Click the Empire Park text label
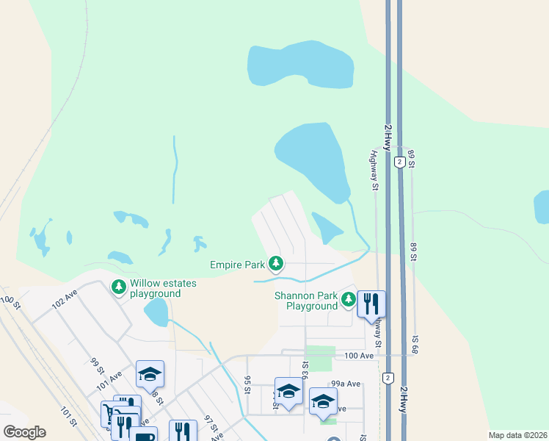pyautogui.click(x=237, y=264)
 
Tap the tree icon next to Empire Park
pyautogui.click(x=276, y=263)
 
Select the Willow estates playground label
pyautogui.click(x=155, y=288)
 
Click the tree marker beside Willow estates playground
pyautogui.click(x=117, y=286)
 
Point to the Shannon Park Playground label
pyautogui.click(x=306, y=301)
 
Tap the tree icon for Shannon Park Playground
pyautogui.click(x=348, y=299)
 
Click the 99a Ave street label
pyautogui.click(x=345, y=384)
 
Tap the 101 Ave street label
pyautogui.click(x=110, y=381)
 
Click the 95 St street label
pyautogui.click(x=248, y=384)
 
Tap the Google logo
pyautogui.click(x=24, y=432)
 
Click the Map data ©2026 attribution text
pyautogui.click(x=517, y=435)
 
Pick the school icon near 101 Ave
pyautogui.click(x=150, y=374)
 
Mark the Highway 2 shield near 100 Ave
pyautogui.click(x=387, y=378)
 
